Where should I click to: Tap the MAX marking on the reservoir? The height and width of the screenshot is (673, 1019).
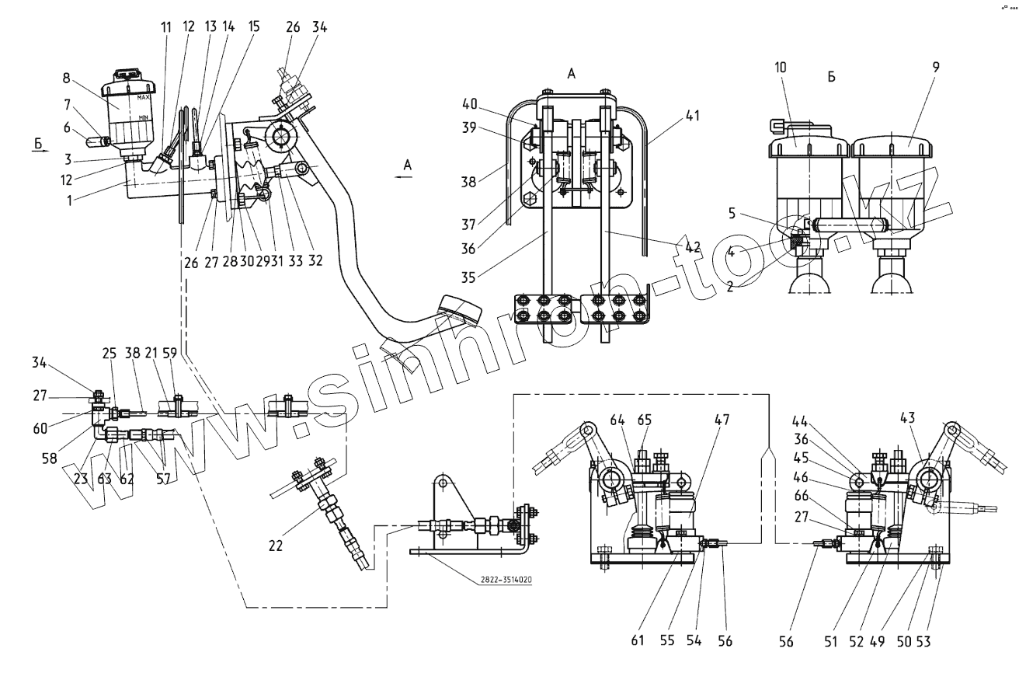pos(143,98)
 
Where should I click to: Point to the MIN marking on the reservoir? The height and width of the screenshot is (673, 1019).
pos(144,117)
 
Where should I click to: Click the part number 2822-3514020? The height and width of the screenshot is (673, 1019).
pos(500,580)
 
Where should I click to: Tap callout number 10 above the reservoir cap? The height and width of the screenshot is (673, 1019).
pos(780,68)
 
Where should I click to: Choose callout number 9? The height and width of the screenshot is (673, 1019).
pos(936,68)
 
